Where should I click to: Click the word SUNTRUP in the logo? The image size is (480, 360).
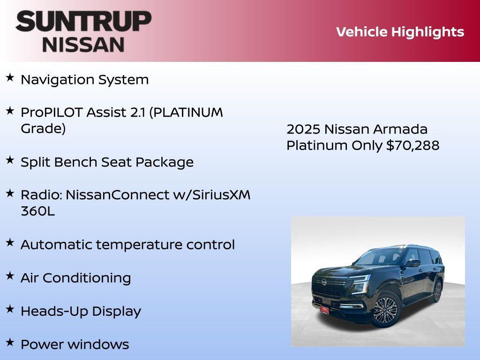pos(83,21)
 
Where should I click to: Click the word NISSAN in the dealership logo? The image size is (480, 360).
pos(83,45)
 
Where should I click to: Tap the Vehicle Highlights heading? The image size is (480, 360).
pos(400,32)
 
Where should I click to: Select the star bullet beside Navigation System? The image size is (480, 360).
pos(10,78)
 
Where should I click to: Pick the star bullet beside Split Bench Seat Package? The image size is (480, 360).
pos(10,160)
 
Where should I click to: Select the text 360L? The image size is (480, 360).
pos(38,211)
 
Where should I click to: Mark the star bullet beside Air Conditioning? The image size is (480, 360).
pos(10,276)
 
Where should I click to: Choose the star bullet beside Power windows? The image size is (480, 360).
pos(10,343)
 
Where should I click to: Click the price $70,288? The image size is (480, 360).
pos(413,145)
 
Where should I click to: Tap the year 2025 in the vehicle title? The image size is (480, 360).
pos(303,129)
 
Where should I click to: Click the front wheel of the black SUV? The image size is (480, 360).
pos(386,310)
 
